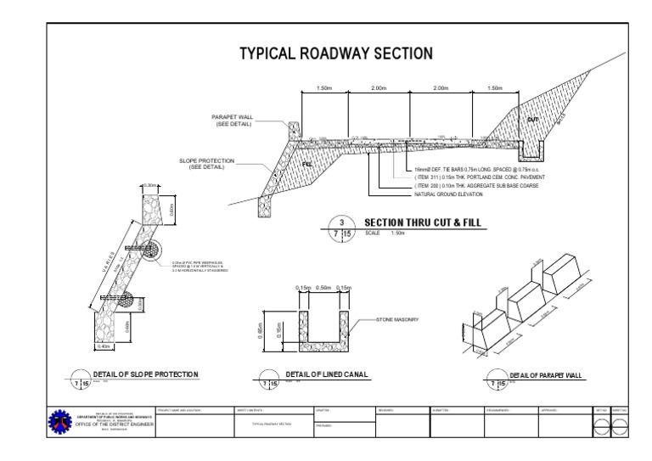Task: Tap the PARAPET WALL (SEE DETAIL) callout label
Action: tap(232, 121)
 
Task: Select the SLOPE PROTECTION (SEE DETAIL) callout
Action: tap(201, 163)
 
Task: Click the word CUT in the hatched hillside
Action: tap(532, 119)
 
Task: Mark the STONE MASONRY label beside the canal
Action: tap(398, 320)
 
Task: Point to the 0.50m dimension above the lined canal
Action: tap(323, 288)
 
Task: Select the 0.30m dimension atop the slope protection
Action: tap(151, 185)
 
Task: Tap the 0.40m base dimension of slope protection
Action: tap(104, 346)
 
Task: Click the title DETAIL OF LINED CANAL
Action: tap(326, 374)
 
